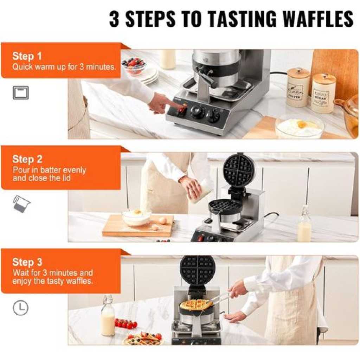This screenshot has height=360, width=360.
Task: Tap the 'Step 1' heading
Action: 27,56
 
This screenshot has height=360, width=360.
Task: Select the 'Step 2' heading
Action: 27,159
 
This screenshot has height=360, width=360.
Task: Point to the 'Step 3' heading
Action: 27,262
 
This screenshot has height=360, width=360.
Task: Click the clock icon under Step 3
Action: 21,308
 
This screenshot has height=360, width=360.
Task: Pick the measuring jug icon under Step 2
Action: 21,204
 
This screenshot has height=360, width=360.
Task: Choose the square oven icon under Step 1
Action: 21,93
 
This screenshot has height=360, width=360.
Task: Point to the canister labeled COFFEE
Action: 298,87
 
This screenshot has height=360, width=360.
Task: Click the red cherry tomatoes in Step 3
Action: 126,323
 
